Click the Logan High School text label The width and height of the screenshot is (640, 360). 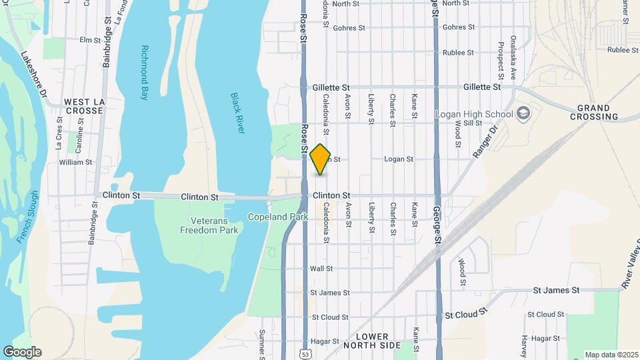(x=474, y=114)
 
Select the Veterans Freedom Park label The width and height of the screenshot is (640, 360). (x=209, y=225)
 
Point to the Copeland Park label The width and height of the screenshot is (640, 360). (x=277, y=217)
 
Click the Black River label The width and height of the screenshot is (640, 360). (x=238, y=113)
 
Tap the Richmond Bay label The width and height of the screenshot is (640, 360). (x=145, y=72)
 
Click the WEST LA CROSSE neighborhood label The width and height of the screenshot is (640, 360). (x=84, y=106)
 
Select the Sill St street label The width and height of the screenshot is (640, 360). (x=473, y=123)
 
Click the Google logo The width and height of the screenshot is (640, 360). (x=22, y=352)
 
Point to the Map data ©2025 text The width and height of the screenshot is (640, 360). (x=611, y=355)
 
